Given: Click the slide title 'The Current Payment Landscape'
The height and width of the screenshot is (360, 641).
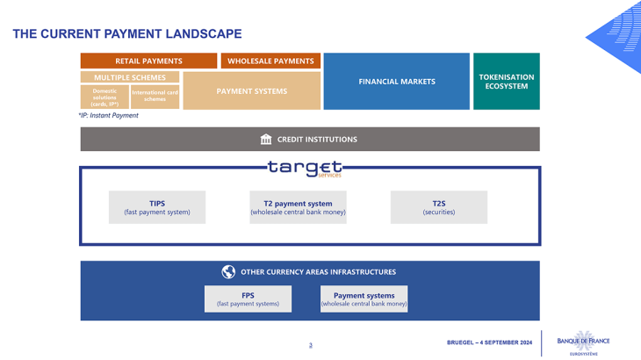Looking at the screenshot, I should tap(127, 34).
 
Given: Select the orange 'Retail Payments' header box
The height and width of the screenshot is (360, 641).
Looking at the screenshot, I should tap(148, 61).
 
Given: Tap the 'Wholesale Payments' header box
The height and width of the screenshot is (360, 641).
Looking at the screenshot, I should tap(270, 61).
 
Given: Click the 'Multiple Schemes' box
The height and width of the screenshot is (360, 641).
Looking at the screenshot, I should tap(130, 77).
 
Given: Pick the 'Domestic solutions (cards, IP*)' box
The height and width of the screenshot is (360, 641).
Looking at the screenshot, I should tap(104, 97).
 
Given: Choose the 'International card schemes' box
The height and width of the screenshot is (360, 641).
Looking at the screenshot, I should tap(155, 97).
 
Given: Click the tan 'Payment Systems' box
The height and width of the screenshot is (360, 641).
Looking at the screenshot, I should tap(252, 91).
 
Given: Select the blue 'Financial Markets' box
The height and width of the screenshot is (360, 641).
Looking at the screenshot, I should tap(396, 82).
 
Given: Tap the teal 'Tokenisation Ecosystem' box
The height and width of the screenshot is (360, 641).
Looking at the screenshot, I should tap(506, 82).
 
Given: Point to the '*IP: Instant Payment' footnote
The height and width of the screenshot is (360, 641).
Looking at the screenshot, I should tap(109, 116).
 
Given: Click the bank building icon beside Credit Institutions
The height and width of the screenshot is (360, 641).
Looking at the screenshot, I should tap(266, 140).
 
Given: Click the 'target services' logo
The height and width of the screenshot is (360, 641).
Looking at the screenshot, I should tap(306, 168).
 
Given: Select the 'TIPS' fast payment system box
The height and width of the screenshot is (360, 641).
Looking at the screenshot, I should tap(157, 207).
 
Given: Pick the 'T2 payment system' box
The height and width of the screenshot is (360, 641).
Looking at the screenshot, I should tap(298, 207).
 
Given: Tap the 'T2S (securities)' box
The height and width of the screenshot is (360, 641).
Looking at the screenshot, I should tap(438, 207).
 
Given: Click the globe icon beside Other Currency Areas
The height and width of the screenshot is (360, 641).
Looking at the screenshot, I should tap(228, 272).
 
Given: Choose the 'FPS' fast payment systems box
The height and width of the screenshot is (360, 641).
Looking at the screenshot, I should tap(248, 299).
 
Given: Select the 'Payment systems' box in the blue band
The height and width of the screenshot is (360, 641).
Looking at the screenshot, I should tap(364, 299).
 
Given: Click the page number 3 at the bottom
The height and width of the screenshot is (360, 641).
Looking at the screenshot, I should tap(310, 345).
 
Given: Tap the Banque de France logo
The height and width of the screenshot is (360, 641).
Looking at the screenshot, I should tap(583, 342).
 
